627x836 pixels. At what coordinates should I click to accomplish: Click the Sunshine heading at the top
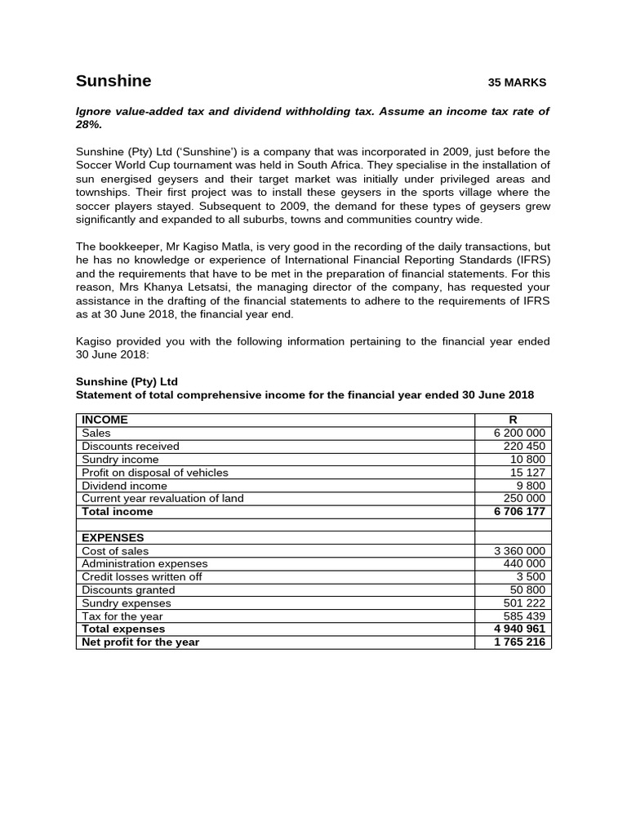coord(113,81)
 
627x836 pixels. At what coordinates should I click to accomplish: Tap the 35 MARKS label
coord(517,82)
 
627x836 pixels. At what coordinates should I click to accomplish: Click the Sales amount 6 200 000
coord(520,433)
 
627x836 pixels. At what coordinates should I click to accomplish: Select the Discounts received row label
coord(131,446)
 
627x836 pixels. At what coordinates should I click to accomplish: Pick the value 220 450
coord(527,446)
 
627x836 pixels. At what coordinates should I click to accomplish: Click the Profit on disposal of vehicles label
coord(155,472)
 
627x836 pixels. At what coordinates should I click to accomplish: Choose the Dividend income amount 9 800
coord(531,485)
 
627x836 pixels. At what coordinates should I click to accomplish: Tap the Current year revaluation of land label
coord(162,498)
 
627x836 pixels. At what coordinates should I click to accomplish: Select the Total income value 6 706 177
coord(519,511)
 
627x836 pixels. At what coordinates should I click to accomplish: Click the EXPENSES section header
coord(113,537)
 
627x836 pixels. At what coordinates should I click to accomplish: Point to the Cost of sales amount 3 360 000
coord(520,550)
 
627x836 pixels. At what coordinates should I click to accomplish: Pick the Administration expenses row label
coord(145,563)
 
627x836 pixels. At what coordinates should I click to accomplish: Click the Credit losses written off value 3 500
coord(531,576)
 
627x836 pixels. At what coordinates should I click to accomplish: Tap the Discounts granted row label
coord(128,589)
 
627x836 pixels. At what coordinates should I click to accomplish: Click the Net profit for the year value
coord(519,642)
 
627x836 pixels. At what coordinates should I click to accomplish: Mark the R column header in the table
coord(513,420)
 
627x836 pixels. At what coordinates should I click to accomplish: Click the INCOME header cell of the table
coord(104,420)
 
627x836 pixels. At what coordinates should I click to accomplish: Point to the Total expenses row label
coord(123,629)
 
